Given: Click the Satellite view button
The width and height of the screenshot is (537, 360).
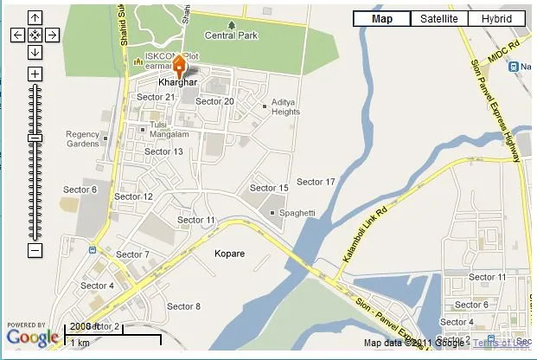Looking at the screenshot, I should tap(438, 19).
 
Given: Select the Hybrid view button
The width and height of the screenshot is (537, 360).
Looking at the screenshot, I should tap(496, 19).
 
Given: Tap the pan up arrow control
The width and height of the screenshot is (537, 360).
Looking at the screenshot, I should tap(35, 17).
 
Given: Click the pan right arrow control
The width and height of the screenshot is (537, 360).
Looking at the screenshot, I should tap(52, 35).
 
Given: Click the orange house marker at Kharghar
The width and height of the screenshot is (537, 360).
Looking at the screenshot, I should tap(179, 66).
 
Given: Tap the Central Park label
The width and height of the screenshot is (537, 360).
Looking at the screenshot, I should tap(231, 35).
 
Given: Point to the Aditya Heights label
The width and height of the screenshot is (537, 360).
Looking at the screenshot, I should tap(285, 106).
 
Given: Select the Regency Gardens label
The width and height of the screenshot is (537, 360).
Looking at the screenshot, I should tap(83, 138).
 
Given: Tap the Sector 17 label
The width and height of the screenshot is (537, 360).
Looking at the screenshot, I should tap(316, 182).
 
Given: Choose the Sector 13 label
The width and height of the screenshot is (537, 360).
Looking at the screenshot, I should tap(163, 151).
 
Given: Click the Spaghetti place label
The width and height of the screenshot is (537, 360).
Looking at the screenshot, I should tap(297, 213).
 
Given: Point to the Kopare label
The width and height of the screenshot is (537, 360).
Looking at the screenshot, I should tap(229, 254).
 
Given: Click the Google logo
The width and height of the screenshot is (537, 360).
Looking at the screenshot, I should tap(33, 337).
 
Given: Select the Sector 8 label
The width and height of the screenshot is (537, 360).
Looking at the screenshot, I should tap(183, 306).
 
